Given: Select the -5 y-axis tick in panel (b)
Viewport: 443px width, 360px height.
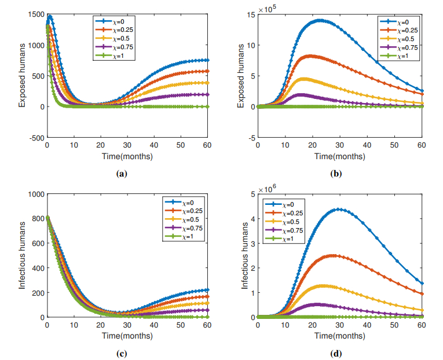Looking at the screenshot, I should coord(251,138).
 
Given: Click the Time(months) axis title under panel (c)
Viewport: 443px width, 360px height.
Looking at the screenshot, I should coord(127,336).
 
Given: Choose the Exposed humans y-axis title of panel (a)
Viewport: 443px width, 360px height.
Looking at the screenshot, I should coord(22,75).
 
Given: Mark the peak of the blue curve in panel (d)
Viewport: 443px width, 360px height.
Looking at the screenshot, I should coord(339,209).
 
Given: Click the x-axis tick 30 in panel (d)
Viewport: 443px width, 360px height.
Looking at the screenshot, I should coord(340,326).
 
